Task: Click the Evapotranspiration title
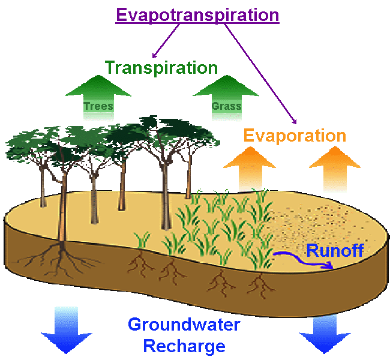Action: pos(197,15)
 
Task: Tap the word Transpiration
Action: pos(161,68)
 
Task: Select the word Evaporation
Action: pos(294,136)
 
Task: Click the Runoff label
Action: pos(335,250)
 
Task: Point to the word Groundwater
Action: pos(184,326)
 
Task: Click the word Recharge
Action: pos(184,346)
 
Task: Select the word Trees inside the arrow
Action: pos(98,107)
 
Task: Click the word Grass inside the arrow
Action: pos(226,107)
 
